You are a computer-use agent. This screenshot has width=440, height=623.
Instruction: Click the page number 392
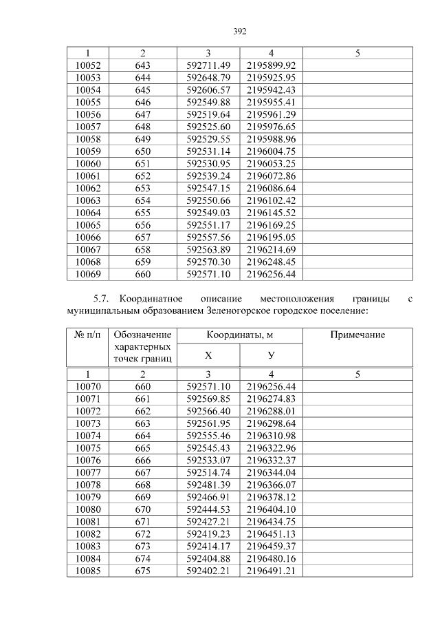click(239, 31)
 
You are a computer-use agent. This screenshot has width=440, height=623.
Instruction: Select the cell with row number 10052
click(87, 65)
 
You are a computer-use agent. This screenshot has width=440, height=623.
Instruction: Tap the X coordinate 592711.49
click(208, 65)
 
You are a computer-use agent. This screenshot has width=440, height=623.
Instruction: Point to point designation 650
click(142, 151)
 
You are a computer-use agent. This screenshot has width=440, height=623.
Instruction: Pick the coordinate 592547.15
click(208, 187)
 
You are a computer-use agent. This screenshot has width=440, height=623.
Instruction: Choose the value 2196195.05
click(271, 236)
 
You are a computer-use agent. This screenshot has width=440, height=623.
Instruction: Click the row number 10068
click(87, 262)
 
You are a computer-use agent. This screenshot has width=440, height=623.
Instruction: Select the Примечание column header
click(357, 335)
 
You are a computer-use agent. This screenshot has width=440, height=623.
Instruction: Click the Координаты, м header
click(239, 335)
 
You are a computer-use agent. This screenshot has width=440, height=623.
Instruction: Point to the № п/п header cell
click(87, 335)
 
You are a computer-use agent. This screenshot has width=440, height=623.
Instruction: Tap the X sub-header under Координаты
click(208, 355)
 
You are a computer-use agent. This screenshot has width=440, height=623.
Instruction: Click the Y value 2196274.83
click(271, 399)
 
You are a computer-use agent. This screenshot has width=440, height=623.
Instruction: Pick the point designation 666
click(142, 460)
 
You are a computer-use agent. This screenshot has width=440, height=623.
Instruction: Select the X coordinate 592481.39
click(208, 484)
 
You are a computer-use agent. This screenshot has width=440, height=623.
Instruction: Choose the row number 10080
click(87, 509)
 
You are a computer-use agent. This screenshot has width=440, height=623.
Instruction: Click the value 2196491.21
click(271, 570)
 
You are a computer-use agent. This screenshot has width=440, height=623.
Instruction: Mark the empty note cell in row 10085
click(357, 570)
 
